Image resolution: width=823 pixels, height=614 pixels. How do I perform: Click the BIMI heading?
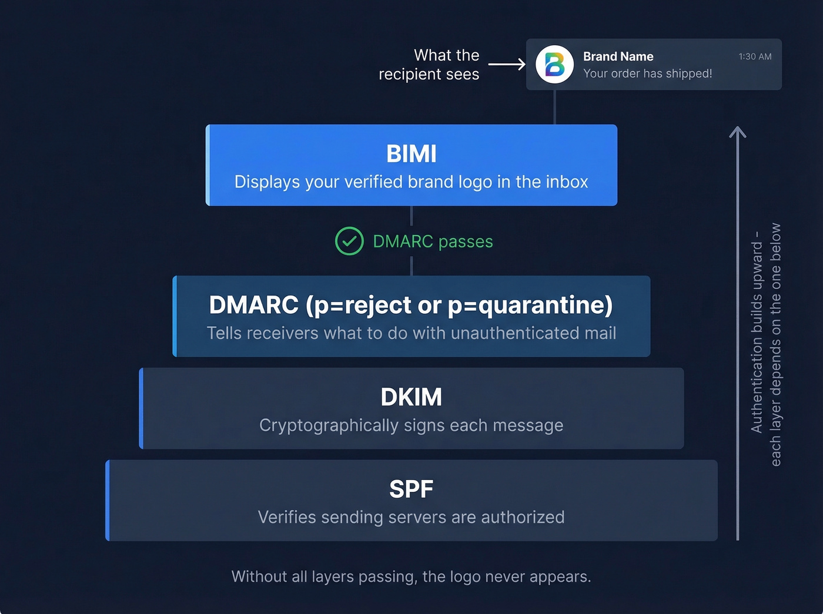point(411,154)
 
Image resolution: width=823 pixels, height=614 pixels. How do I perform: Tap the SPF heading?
point(411,489)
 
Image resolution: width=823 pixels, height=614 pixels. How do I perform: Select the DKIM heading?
point(411,397)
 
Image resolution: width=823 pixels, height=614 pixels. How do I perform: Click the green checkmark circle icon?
point(349,241)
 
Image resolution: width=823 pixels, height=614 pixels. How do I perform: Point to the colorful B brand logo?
point(554,65)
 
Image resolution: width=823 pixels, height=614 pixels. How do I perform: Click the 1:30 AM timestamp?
point(755,56)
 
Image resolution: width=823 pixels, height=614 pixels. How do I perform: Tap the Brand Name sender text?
point(618,56)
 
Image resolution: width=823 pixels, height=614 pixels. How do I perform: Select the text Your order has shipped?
point(647,73)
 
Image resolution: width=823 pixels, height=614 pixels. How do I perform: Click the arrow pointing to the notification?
point(507,64)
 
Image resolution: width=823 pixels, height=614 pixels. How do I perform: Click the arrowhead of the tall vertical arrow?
point(738,132)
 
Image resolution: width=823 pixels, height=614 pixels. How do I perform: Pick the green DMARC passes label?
point(433,241)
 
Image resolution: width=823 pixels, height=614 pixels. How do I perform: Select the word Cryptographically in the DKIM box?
point(329,425)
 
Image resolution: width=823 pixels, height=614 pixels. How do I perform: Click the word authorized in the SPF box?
point(523,517)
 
